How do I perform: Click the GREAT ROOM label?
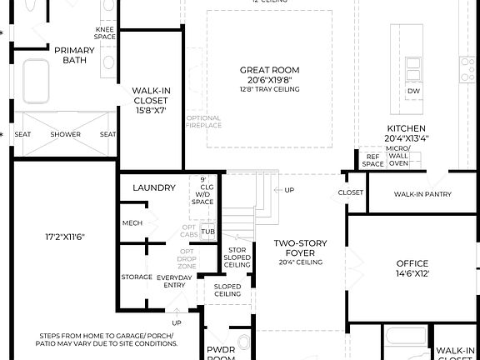click(x=269, y=70)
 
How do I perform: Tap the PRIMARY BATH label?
click(x=75, y=55)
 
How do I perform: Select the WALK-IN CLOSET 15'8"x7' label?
click(x=150, y=100)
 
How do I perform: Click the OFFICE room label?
click(x=412, y=264)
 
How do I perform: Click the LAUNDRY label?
click(x=154, y=187)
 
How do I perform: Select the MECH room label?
click(x=132, y=222)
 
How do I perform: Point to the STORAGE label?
click(x=137, y=277)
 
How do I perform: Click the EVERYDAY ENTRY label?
click(x=175, y=281)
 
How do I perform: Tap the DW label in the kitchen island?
click(x=413, y=91)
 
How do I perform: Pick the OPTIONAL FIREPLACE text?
click(x=203, y=122)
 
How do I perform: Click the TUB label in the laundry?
click(x=207, y=232)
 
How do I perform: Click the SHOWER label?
click(x=65, y=134)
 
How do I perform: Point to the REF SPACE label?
click(x=372, y=160)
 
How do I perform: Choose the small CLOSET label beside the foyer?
click(x=352, y=192)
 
